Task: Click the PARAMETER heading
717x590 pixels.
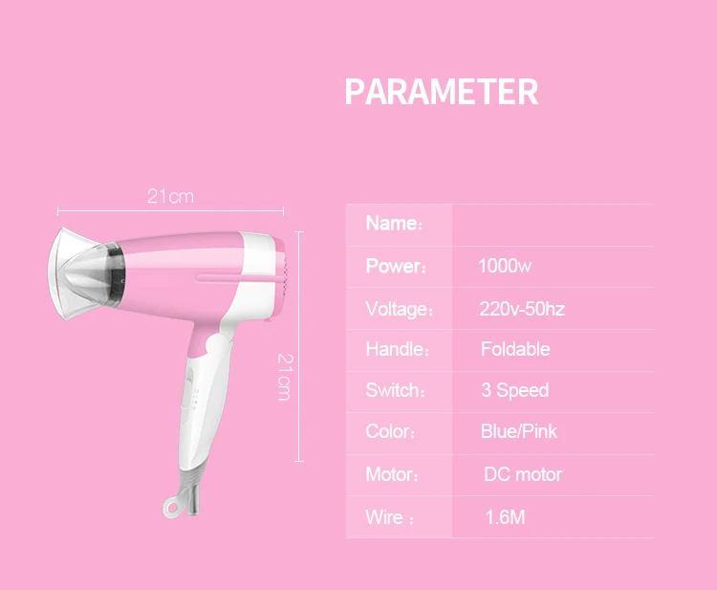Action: tap(441, 93)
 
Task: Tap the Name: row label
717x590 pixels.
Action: tap(393, 225)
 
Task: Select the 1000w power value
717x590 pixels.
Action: tap(504, 267)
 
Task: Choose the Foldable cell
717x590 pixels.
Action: tap(515, 349)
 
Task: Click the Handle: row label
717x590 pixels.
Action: tap(396, 349)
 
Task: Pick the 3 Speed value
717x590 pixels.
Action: tap(514, 390)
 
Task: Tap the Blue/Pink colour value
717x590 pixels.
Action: tap(518, 431)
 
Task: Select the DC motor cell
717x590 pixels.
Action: tap(522, 474)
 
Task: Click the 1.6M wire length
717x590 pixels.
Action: tap(505, 518)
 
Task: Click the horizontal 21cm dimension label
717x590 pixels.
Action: tap(170, 196)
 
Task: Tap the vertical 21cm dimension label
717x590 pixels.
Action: tap(284, 376)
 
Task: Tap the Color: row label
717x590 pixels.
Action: tap(390, 431)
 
